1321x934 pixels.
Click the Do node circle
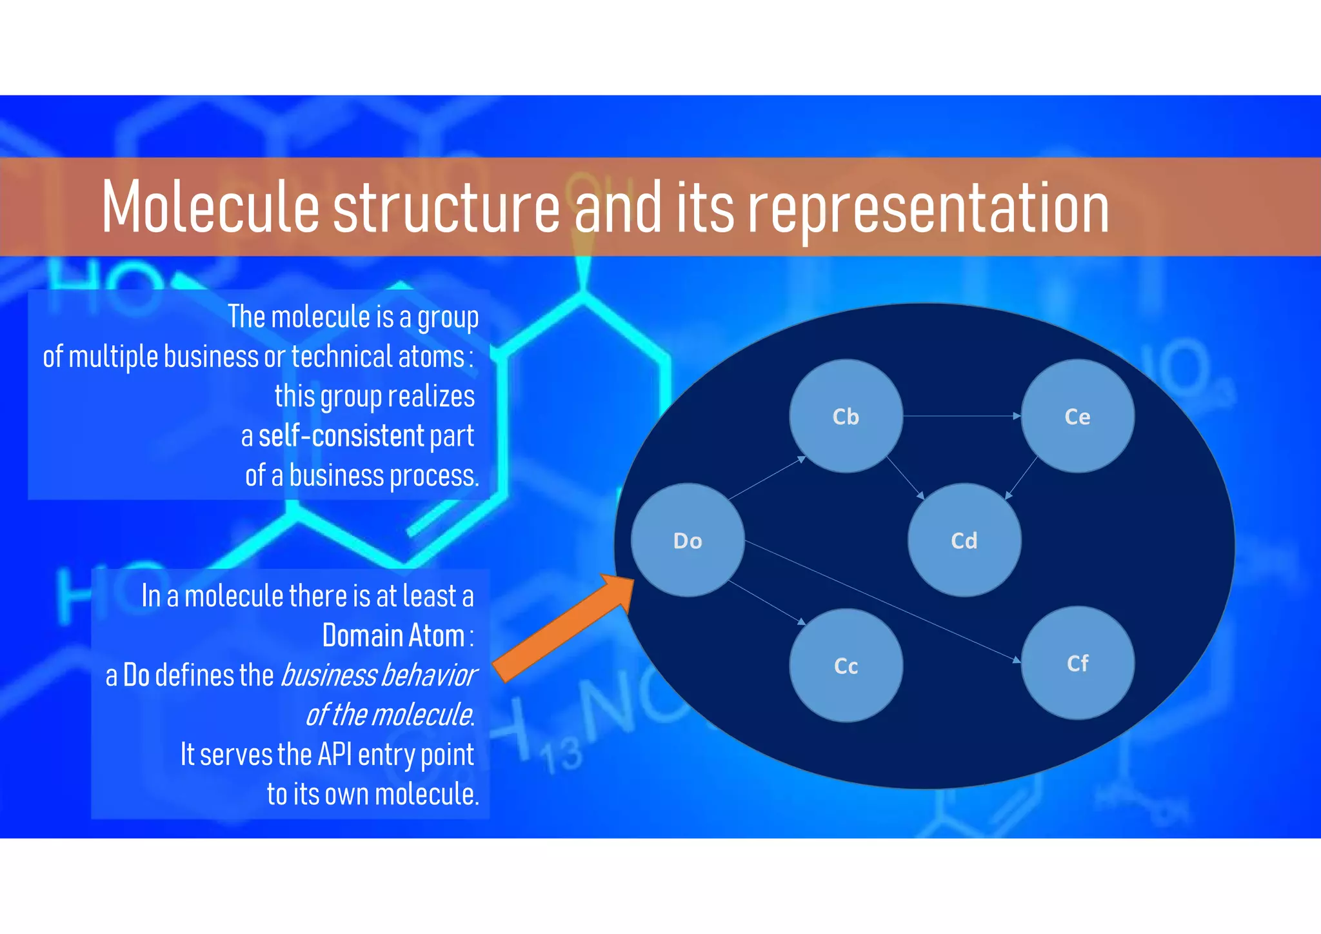click(x=688, y=540)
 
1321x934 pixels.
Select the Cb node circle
click(x=846, y=416)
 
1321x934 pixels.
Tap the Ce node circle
click(x=1077, y=416)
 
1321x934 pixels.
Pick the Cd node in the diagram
click(x=964, y=540)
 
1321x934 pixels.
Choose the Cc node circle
click(x=846, y=665)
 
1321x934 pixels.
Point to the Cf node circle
click(x=1077, y=663)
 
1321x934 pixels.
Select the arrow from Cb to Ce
click(x=961, y=416)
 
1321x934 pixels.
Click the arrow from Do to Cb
click(x=768, y=478)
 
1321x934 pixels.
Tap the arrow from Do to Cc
click(x=768, y=602)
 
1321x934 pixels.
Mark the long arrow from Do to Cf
click(x=884, y=601)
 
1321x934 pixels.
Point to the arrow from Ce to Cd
click(x=1022, y=477)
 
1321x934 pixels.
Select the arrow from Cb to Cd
click(x=906, y=478)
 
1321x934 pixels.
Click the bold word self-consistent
click(x=341, y=436)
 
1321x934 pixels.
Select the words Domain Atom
click(x=393, y=636)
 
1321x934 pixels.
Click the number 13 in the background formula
click(x=561, y=755)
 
